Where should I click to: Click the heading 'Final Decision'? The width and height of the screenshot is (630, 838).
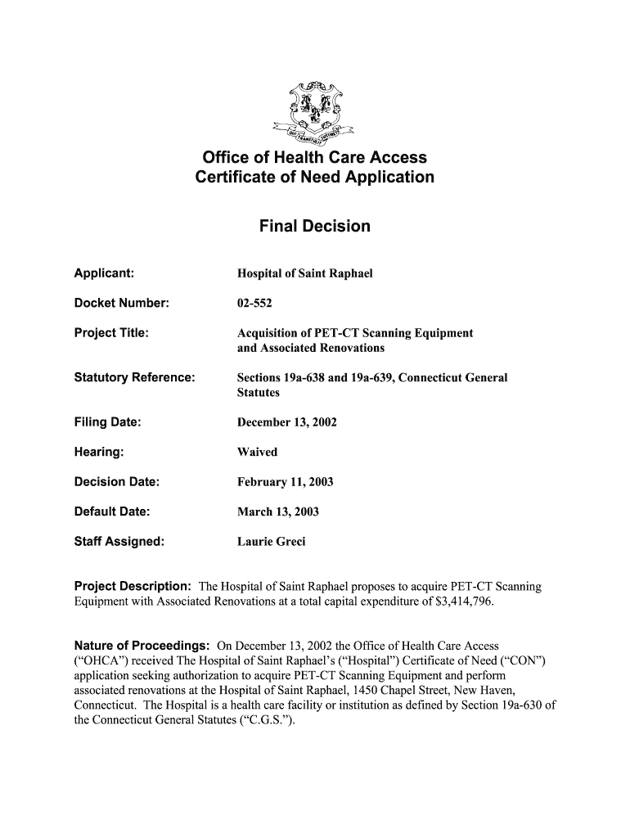314,226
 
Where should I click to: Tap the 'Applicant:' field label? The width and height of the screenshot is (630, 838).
105,273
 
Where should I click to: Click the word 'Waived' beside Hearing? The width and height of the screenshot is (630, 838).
257,452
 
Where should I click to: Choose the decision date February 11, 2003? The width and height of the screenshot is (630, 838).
285,482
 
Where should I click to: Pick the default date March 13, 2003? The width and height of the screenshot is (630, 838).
278,512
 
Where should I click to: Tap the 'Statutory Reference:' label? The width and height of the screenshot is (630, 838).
135,377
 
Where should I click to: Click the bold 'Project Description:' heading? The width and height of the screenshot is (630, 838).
133,587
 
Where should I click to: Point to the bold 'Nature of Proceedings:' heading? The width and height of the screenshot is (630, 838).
142,647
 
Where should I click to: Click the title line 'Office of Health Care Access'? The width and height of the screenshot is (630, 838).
314,157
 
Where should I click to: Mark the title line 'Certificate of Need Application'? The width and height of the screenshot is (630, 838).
314,178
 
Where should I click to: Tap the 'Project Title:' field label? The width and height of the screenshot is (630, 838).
111,332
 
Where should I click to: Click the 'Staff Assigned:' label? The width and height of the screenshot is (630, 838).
119,541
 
